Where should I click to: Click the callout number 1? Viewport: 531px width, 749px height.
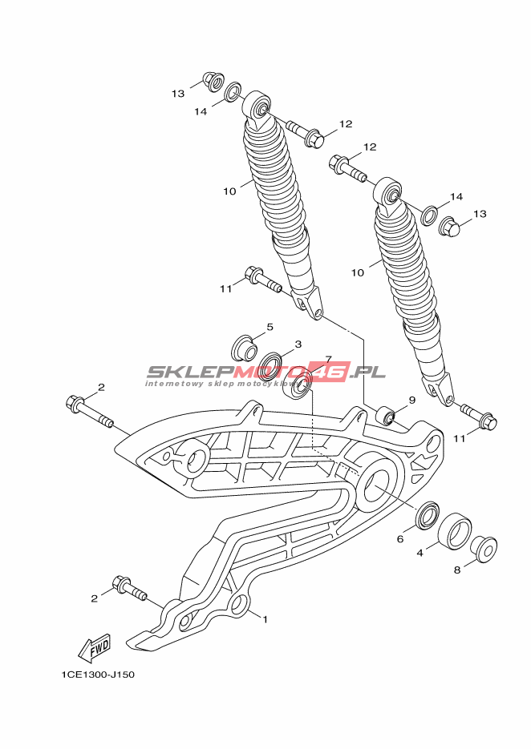[265, 619]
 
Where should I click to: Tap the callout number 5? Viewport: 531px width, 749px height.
[270, 327]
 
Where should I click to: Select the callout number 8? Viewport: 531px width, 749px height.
[457, 570]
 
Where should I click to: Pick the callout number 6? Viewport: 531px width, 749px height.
[400, 539]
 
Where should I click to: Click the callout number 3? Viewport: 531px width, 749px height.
[298, 344]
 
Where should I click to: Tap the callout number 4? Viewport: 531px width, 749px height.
[420, 554]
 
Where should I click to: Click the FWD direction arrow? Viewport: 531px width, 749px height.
[94, 648]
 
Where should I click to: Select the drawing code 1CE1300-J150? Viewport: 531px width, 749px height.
[98, 675]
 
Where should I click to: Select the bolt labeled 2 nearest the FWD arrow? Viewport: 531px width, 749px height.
[129, 588]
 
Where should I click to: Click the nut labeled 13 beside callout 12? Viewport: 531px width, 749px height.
[449, 227]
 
